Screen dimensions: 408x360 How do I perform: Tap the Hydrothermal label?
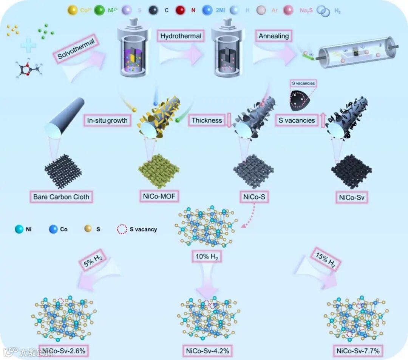click(x=181, y=37)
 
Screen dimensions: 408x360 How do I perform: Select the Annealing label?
click(x=274, y=36)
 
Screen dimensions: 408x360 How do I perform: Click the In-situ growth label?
click(x=107, y=121)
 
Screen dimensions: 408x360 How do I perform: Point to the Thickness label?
click(x=207, y=120)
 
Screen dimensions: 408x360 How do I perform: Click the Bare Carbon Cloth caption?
click(x=61, y=197)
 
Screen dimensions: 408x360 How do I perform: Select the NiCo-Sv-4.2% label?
click(x=207, y=351)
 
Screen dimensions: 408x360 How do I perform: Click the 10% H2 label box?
click(x=207, y=257)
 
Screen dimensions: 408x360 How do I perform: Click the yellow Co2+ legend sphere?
click(x=72, y=10)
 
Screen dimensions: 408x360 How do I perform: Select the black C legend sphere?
click(x=154, y=10)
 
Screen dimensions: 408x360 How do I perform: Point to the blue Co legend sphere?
click(x=53, y=229)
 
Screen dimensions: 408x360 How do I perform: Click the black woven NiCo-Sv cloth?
click(x=351, y=171)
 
